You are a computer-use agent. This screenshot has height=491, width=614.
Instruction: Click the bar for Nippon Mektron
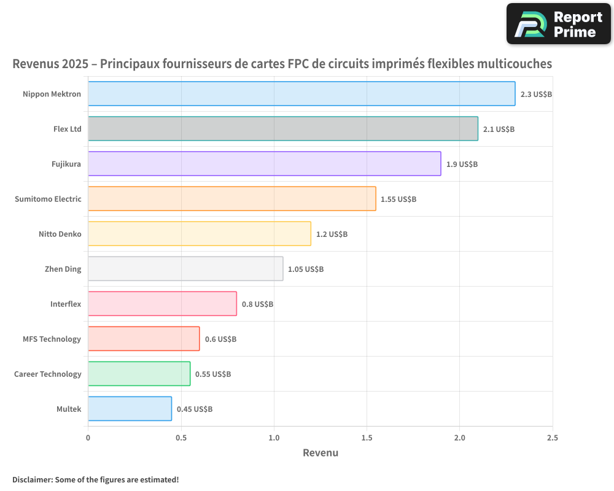pos(301,94)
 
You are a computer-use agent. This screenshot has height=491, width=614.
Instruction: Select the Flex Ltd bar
pos(283,129)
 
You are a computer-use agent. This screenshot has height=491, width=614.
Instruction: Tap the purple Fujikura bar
pos(265,164)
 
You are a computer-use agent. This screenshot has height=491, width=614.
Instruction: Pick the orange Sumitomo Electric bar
pos(232,199)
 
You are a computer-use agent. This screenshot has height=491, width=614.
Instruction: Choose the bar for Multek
pos(130,409)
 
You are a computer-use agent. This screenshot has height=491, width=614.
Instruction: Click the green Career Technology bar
pos(139,374)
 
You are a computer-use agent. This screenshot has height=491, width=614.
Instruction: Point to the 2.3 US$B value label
pos(536,95)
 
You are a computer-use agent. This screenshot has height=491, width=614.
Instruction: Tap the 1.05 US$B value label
pos(306,269)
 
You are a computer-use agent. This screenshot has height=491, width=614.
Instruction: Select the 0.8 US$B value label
pos(257,304)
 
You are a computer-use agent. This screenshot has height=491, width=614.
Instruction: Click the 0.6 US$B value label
pos(220,339)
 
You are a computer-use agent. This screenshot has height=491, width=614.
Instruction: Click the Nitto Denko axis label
pos(60,234)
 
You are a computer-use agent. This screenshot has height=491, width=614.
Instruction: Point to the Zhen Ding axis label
pos(63,269)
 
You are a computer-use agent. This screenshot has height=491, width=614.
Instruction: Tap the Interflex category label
pos(66,304)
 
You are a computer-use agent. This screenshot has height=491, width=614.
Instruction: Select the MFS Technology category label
pos(52,339)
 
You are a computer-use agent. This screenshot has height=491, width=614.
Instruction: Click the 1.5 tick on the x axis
pos(367,438)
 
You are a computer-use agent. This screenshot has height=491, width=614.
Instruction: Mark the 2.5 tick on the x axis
pos(553,438)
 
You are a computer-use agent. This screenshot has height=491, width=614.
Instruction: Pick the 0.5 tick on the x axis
pos(181,438)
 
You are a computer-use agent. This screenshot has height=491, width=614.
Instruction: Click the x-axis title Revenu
pos(321,453)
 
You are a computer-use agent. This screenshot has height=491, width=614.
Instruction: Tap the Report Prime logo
pos(559,24)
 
